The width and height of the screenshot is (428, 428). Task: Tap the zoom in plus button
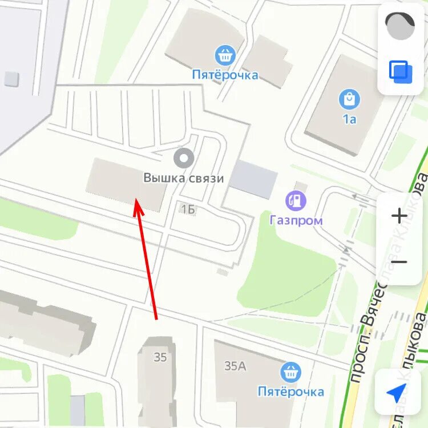click(x=399, y=216)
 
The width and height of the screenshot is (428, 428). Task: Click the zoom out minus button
click(x=399, y=262)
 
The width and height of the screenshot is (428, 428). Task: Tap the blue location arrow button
click(x=397, y=393)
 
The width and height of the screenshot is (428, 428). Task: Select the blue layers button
click(x=401, y=72)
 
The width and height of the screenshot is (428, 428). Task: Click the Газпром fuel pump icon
click(x=296, y=200)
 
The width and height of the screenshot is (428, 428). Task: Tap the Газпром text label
click(x=296, y=220)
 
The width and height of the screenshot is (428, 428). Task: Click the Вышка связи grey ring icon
click(x=184, y=158)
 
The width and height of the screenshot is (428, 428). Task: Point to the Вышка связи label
click(x=184, y=178)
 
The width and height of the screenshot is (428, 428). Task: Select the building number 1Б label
click(x=188, y=209)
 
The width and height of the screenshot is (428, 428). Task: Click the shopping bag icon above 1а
click(x=349, y=99)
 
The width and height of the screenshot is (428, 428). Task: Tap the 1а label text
click(x=349, y=119)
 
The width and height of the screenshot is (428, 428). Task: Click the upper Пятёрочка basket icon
click(x=225, y=55)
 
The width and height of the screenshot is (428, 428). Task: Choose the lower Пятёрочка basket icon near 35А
click(x=291, y=373)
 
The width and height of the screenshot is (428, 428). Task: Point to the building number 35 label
click(x=160, y=357)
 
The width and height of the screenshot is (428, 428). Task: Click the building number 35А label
click(x=235, y=366)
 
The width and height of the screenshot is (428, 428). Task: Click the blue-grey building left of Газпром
click(x=253, y=179)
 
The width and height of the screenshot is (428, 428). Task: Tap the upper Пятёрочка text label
click(x=225, y=75)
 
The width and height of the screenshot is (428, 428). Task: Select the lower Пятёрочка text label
click(x=291, y=391)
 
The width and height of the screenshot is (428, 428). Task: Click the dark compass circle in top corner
click(x=400, y=26)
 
